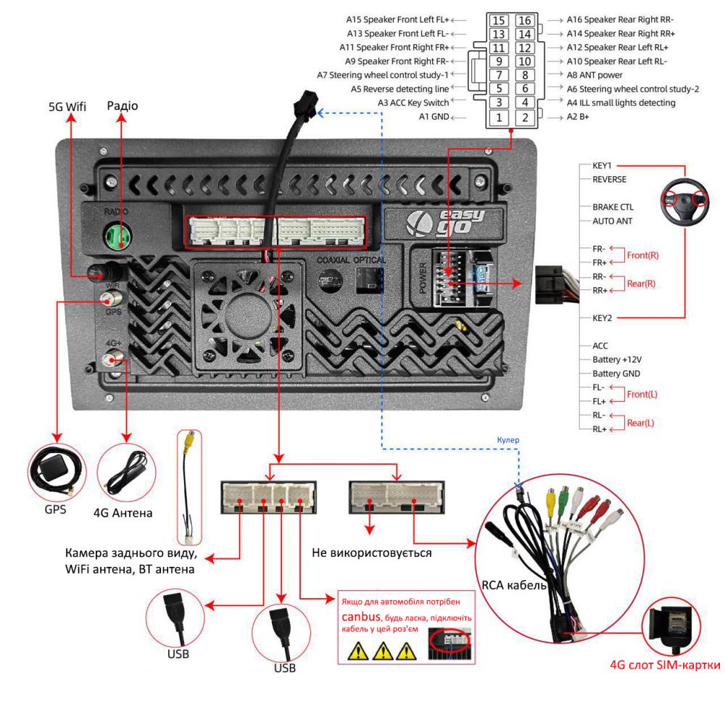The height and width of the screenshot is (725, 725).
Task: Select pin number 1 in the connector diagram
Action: pyautogui.click(x=498, y=117)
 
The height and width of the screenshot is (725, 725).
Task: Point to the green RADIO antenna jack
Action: pyautogui.click(x=114, y=234)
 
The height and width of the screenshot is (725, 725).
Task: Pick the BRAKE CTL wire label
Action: pyautogui.click(x=613, y=207)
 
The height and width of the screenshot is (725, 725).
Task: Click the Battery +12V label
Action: pyautogui.click(x=616, y=360)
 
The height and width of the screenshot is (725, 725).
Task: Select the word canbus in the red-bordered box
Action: pyautogui.click(x=360, y=615)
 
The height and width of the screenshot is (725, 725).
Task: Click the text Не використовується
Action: pyautogui.click(x=371, y=553)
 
